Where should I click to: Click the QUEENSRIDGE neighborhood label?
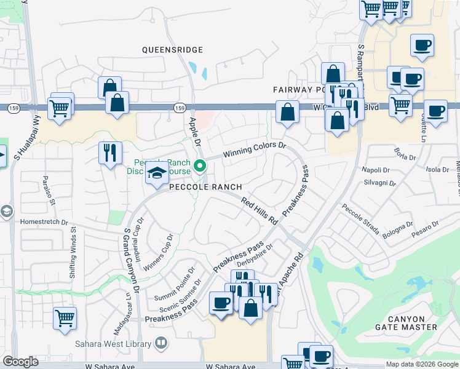tap(172, 50)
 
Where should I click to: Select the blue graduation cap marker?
tap(157, 175)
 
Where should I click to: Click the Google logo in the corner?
tap(20, 362)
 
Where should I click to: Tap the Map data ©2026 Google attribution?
tap(421, 364)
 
